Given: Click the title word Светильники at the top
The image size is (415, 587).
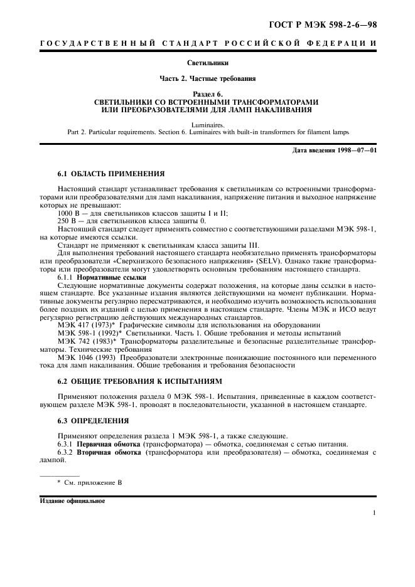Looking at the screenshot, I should (x=208, y=63).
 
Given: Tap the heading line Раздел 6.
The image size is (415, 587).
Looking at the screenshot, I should (x=208, y=93).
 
